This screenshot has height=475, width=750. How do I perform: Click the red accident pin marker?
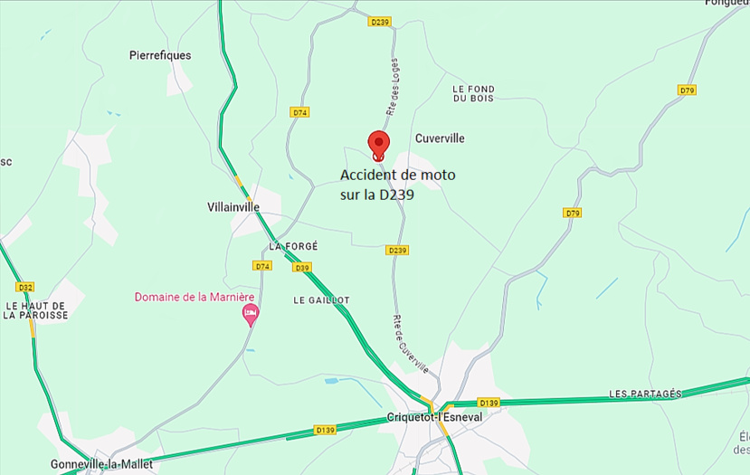coord(378,144)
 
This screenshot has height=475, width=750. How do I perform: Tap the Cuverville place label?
coord(440,138)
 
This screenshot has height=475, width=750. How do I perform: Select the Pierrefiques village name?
coord(161,55)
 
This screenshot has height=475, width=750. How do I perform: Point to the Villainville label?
coord(233,207)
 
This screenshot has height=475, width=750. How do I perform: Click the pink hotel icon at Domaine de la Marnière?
coord(251,313)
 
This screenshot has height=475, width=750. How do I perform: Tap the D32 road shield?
coord(25,288)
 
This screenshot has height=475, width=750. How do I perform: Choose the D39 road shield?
coord(302,268)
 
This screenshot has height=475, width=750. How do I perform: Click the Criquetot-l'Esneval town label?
coord(434,417)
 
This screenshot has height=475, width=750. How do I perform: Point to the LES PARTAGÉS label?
coord(645,394)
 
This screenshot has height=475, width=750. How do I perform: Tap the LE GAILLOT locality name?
coord(321,299)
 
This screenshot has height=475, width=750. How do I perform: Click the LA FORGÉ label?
coord(293,246)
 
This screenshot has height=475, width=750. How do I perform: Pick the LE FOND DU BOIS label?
coord(473,93)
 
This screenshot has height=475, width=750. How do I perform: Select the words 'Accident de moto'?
coord(398,175)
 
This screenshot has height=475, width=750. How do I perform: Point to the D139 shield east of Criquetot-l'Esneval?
coord(489,402)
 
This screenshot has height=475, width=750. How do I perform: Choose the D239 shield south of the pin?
coord(396,250)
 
